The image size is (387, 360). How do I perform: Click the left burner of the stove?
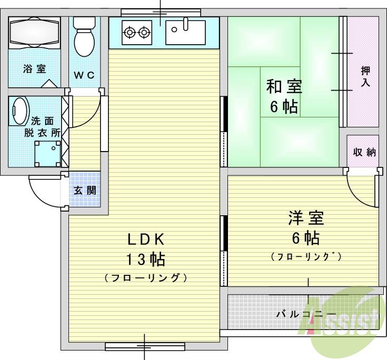click(129, 33)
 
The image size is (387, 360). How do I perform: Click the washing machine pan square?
click(48, 153)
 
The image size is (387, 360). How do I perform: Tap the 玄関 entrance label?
click(84, 191)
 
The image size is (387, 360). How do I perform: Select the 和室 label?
click(284, 86)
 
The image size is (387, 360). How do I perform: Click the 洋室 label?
click(305, 217)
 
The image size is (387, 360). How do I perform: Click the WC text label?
click(84, 75)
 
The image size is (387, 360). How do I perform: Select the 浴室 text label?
click(35, 68)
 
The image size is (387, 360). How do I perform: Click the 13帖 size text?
click(146, 259)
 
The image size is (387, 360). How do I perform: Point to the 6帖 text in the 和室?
click(283, 107)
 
